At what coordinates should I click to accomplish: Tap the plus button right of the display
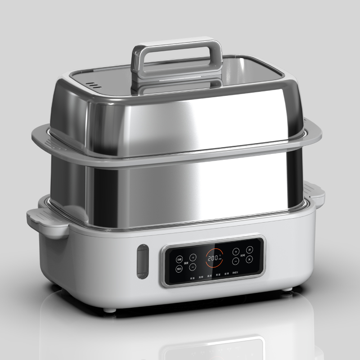pyautogui.click(x=235, y=252)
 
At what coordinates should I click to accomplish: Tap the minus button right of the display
pyautogui.click(x=235, y=261)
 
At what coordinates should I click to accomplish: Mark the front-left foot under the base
pyautogui.click(x=109, y=309)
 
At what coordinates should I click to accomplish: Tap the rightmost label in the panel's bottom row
pyautogui.click(x=236, y=273)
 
